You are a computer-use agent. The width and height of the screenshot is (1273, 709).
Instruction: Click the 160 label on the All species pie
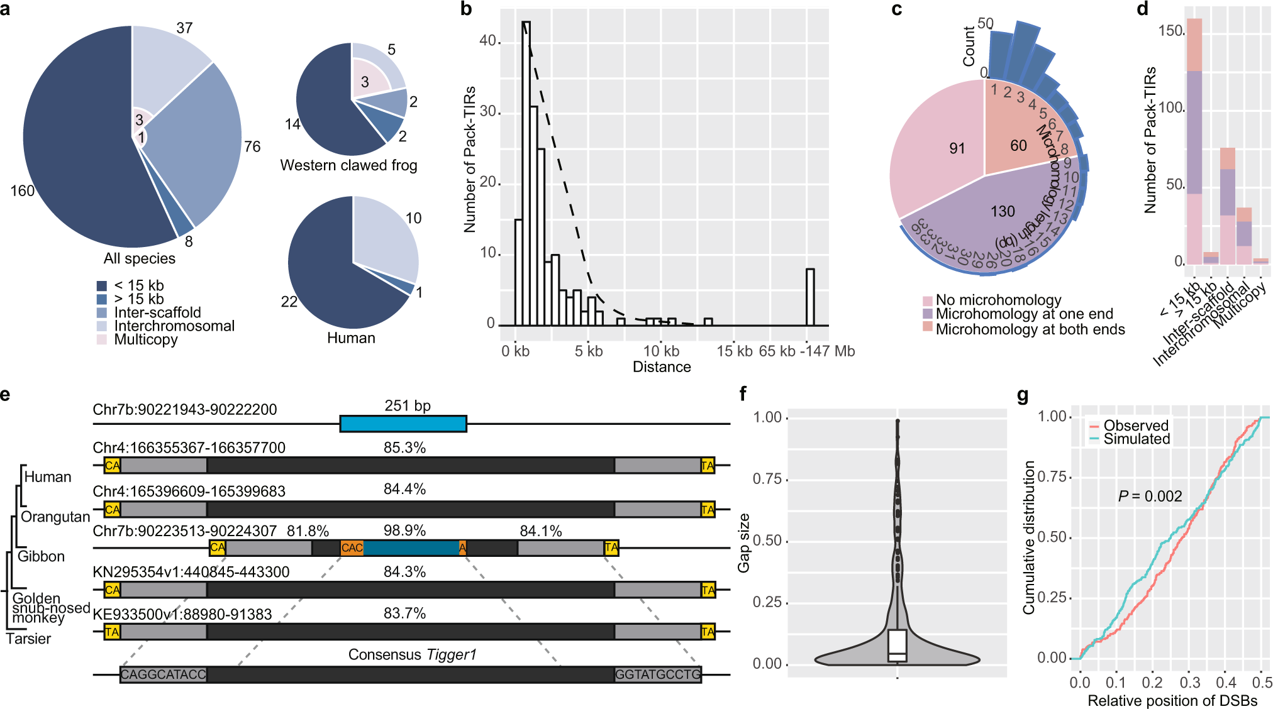pos(22,190)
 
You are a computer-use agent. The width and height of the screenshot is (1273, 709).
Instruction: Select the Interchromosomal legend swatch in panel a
pos(102,326)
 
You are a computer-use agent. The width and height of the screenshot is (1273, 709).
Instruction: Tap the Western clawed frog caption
pos(348,165)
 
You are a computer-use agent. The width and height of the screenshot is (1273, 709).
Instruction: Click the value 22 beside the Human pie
pos(289,302)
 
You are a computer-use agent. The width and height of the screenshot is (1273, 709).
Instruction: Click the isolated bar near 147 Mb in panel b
pos(810,297)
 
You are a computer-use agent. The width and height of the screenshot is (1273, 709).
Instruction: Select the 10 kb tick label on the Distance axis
pos(661,351)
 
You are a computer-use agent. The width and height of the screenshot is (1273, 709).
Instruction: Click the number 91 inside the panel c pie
pos(957,148)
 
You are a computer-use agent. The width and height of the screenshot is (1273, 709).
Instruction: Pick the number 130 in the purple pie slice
pos(1003,211)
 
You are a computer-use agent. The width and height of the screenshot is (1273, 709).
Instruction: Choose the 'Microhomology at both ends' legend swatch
pos(927,327)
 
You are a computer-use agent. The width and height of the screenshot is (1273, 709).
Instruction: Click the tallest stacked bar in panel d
pos(1194,141)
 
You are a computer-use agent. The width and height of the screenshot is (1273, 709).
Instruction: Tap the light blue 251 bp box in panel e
pos(403,424)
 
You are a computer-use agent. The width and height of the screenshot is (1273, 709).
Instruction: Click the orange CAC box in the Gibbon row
pos(352,548)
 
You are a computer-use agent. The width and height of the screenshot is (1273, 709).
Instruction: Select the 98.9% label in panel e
pos(404,530)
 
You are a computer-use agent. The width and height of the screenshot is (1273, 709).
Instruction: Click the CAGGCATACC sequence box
pos(164,674)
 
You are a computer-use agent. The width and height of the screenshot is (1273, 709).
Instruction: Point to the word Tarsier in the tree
pos(28,639)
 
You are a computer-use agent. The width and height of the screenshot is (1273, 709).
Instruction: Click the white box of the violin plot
pos(897,646)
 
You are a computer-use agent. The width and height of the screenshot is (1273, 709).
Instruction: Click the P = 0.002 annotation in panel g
pos(1150,497)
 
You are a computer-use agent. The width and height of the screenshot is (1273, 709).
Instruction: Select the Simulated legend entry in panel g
pos(1136,439)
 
